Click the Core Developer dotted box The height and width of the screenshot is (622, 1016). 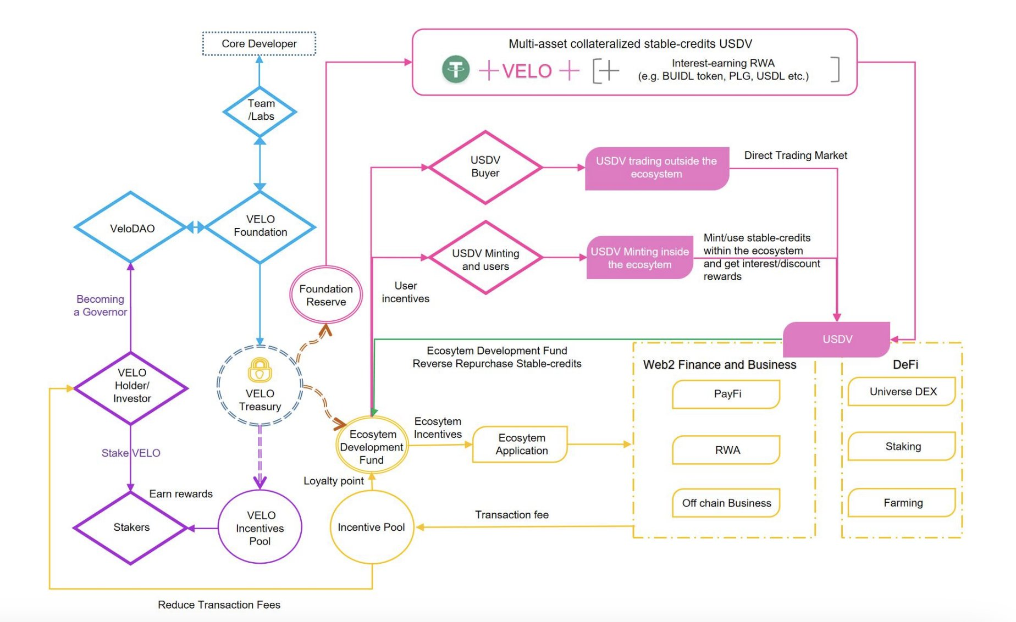259,44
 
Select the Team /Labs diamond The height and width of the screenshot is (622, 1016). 260,111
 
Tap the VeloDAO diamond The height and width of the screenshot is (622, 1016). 131,228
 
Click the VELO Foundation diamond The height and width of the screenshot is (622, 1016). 260,226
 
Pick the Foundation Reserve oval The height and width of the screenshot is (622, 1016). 326,295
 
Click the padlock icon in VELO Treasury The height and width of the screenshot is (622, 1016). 259,370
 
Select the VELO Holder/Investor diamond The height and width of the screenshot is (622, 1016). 131,387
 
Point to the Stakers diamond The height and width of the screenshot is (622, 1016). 131,527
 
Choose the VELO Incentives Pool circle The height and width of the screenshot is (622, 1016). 260,527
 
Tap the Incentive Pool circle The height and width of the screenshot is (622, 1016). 372,527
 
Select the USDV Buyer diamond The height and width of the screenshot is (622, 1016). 485,167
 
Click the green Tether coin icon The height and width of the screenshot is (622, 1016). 456,70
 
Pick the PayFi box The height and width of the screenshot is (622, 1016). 727,394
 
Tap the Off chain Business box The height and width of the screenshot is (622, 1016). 727,503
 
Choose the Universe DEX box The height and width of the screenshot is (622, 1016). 902,392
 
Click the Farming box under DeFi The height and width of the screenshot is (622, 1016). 902,502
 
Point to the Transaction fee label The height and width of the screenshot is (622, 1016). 512,515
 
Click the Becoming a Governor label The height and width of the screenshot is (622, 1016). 101,306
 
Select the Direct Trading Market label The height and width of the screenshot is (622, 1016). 795,155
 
